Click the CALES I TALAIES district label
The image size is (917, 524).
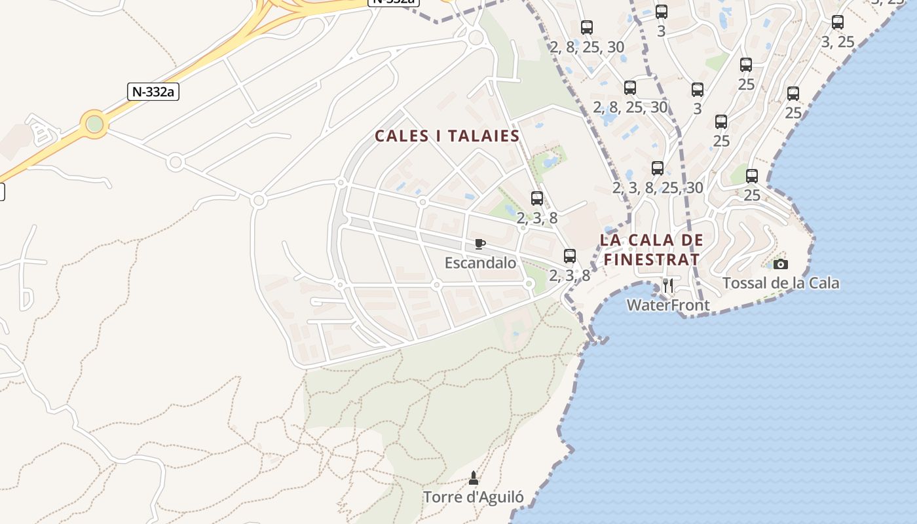tap(447, 136)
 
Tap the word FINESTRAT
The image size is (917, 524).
tap(651, 259)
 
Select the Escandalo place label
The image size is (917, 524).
tap(480, 263)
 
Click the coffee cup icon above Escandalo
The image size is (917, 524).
tap(480, 244)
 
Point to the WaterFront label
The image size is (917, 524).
tap(668, 305)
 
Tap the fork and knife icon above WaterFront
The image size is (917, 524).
tap(668, 286)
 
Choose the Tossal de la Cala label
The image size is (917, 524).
tap(780, 283)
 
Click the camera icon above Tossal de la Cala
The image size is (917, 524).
tap(780, 264)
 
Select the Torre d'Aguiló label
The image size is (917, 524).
tap(473, 497)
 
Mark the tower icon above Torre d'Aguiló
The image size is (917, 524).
tap(474, 478)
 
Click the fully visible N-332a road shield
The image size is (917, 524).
tap(153, 91)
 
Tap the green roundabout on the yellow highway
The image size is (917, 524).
tap(95, 123)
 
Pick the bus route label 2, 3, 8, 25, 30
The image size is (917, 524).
tap(658, 188)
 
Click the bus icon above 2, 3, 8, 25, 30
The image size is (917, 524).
tap(658, 168)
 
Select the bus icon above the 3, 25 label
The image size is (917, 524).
tap(837, 22)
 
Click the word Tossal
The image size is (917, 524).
tap(744, 283)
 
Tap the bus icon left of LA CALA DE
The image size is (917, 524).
tap(570, 256)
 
